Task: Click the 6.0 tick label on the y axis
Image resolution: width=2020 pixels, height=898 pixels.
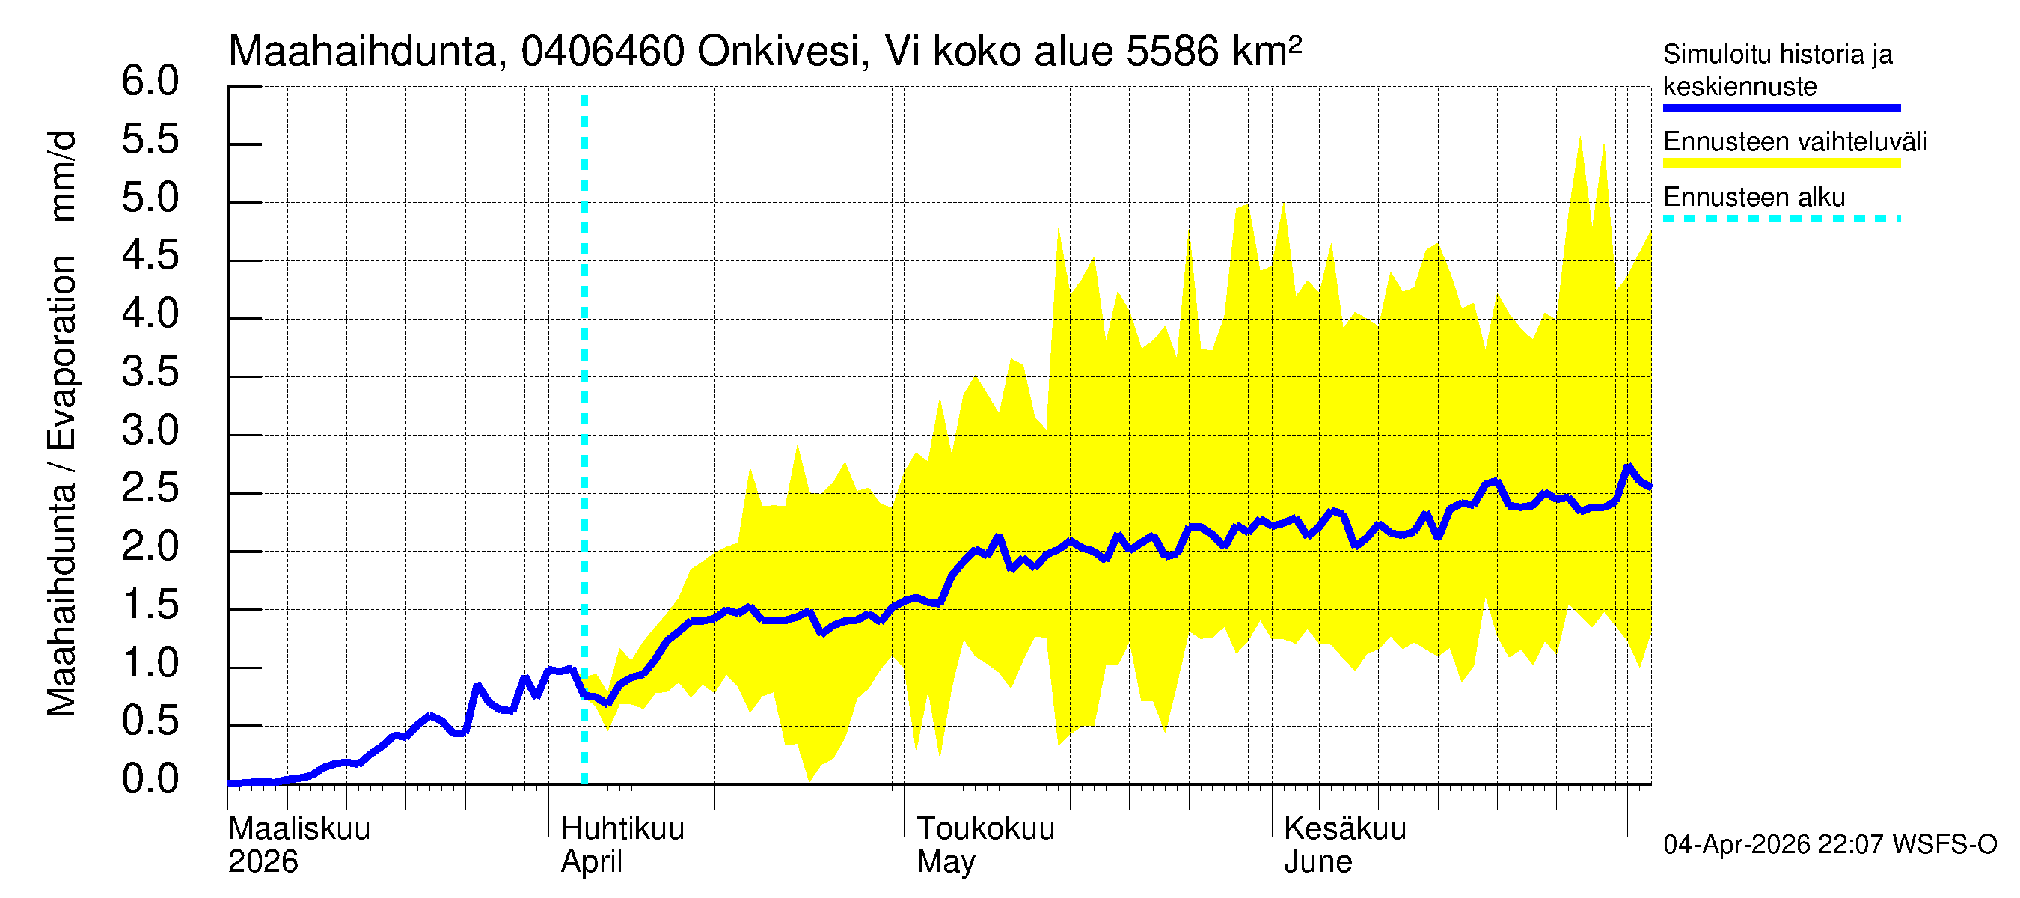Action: (x=150, y=82)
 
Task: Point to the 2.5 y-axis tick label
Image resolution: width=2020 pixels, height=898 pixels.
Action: (x=150, y=489)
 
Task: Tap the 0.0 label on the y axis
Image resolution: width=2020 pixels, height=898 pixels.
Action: (x=150, y=780)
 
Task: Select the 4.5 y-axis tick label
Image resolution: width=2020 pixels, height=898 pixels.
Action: (x=150, y=257)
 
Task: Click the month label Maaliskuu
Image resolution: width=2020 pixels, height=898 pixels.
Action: (x=299, y=829)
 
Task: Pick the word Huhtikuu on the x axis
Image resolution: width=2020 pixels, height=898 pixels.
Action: (x=622, y=829)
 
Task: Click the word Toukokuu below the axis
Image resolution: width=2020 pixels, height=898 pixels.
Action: (x=986, y=829)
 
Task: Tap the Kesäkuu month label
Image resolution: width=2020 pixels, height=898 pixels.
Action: (x=1345, y=829)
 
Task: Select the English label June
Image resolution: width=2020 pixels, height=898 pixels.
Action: (x=1317, y=862)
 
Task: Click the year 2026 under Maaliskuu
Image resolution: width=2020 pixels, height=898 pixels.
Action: (x=263, y=862)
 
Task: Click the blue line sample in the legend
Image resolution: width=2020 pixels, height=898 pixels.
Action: (x=1781, y=108)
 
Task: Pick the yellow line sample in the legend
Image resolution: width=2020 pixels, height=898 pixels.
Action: (x=1781, y=163)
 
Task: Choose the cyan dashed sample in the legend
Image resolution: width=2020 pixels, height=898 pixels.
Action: (x=1781, y=219)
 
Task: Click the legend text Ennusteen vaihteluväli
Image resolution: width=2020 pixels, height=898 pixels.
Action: (x=1795, y=142)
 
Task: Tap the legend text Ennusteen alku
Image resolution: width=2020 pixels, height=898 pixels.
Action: (x=1754, y=198)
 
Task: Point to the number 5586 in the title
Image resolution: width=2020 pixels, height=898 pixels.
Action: (x=1172, y=52)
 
